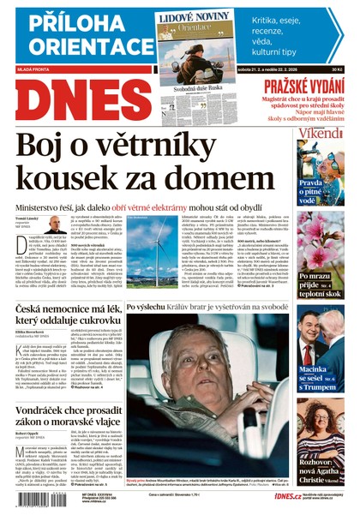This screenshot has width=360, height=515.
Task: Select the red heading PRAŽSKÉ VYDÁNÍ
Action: (302, 86)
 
